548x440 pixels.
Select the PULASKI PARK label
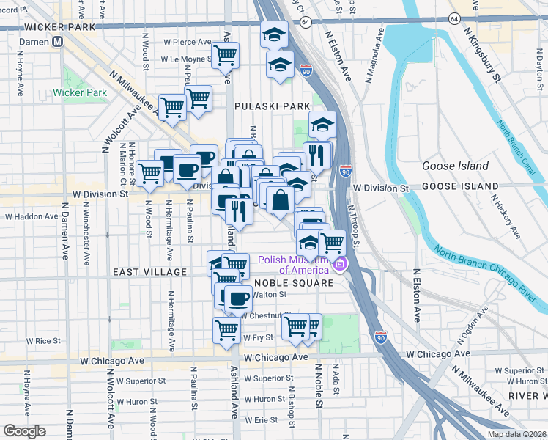click(x=273, y=106)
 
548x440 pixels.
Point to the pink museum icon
click(x=340, y=264)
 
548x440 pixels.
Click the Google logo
click(x=24, y=430)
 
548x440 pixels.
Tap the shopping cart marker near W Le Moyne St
click(x=226, y=54)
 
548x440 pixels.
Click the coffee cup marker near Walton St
click(x=237, y=298)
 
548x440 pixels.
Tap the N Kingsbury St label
click(x=485, y=54)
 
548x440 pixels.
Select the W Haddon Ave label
click(x=32, y=217)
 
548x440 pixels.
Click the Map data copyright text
click(x=516, y=434)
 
